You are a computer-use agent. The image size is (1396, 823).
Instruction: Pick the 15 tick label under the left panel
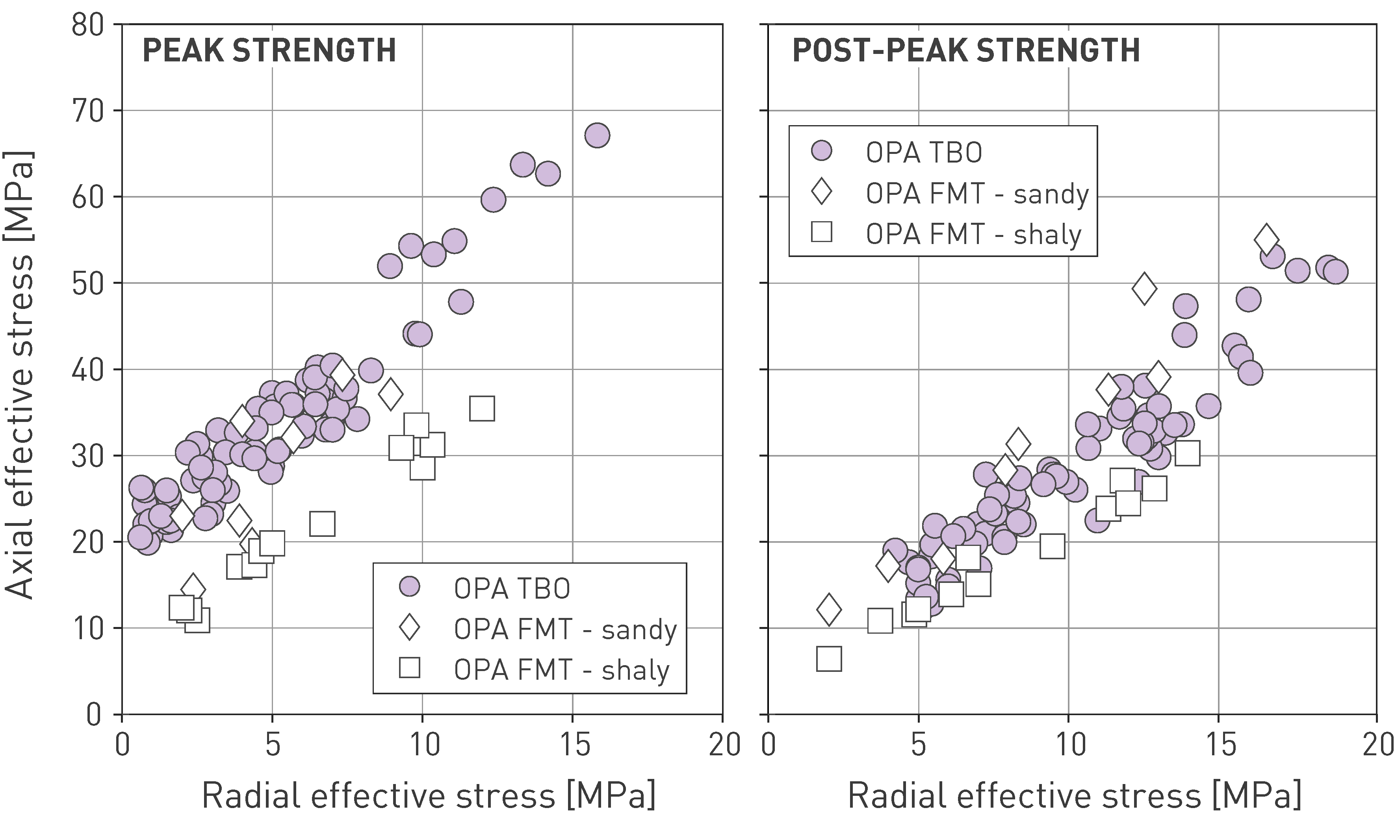point(574,745)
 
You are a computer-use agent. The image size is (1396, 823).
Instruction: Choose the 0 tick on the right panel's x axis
point(769,745)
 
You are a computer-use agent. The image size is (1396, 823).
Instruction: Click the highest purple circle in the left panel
point(597,135)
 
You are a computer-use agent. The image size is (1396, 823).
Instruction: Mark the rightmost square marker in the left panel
point(482,409)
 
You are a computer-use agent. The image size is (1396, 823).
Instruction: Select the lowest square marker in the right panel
point(829,659)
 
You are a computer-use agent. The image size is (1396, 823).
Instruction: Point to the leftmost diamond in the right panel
point(829,609)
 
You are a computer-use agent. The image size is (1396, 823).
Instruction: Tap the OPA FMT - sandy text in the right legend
point(977,194)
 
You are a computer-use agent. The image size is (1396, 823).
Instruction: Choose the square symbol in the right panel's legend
point(821,231)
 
